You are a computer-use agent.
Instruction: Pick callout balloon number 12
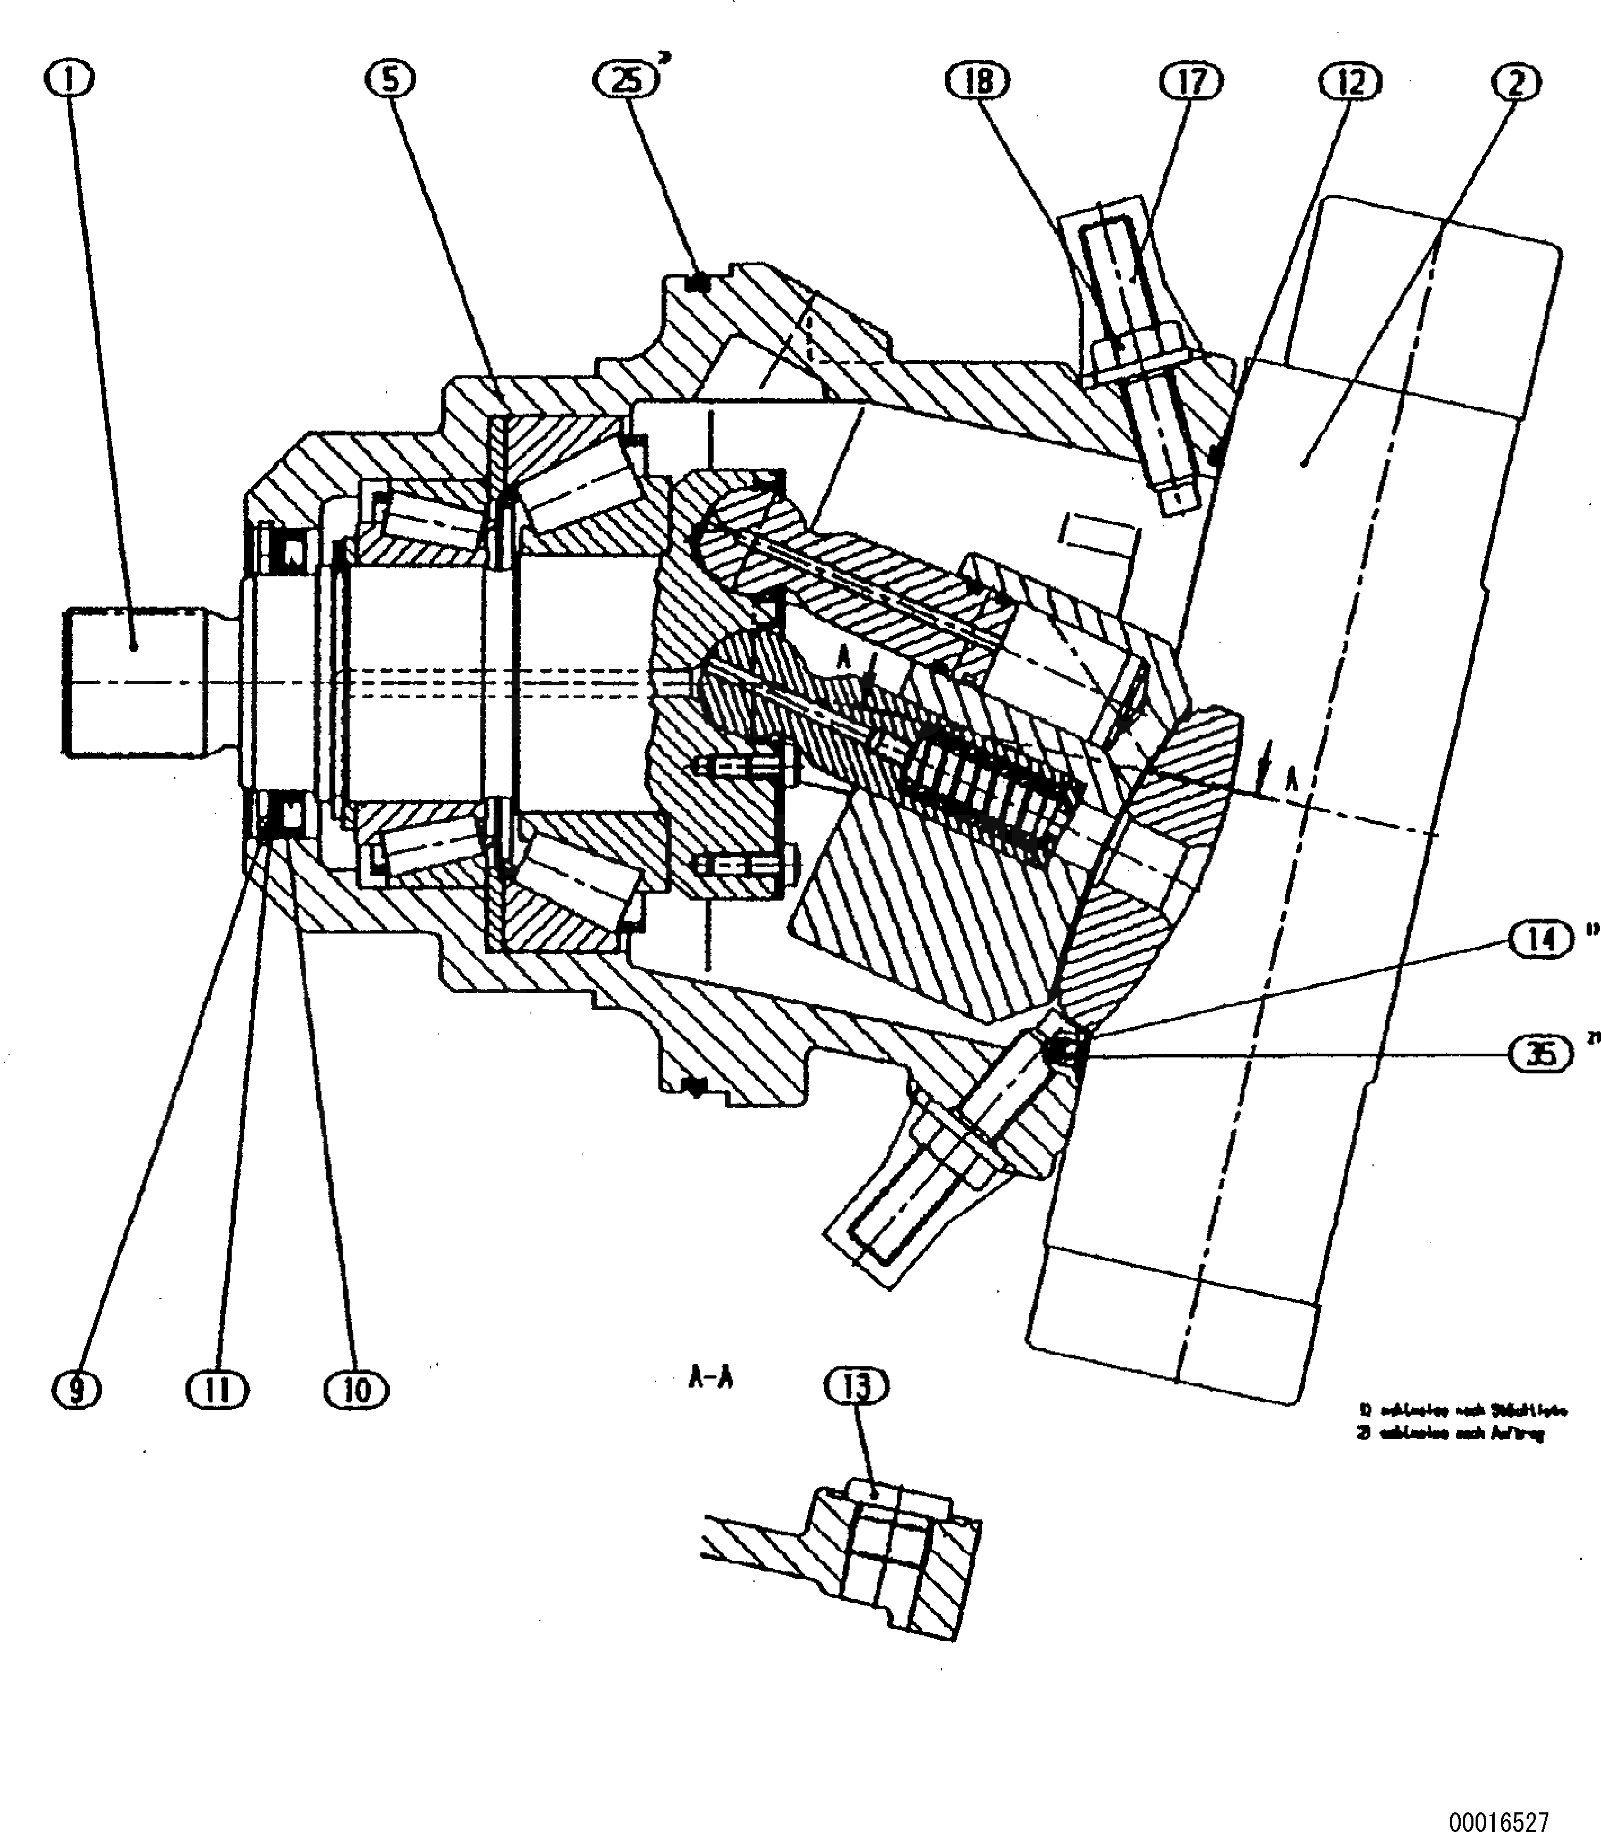click(x=1350, y=82)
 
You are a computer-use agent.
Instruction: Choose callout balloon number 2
click(x=1516, y=83)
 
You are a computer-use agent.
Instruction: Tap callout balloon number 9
click(x=77, y=1390)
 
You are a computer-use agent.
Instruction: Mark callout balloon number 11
click(x=218, y=1390)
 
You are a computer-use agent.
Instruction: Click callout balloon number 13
click(x=856, y=1386)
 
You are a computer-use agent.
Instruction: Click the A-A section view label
click(x=710, y=1378)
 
